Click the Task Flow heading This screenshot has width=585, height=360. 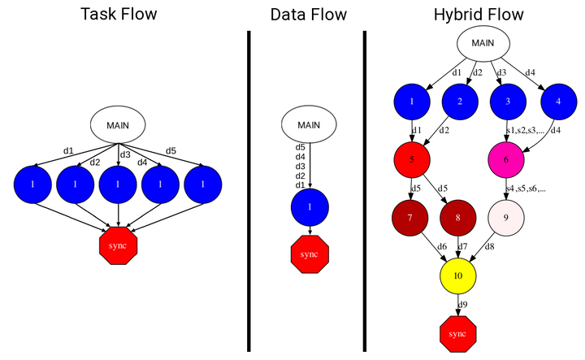[x=119, y=15]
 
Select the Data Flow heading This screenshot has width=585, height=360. [x=309, y=15]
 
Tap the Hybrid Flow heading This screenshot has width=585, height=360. [x=479, y=15]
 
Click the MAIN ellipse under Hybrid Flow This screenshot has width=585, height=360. [x=483, y=43]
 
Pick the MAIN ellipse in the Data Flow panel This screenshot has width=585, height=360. [x=309, y=124]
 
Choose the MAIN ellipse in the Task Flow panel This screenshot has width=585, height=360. [x=118, y=124]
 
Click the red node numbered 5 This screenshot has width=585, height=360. [x=412, y=159]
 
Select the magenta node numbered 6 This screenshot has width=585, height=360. [x=506, y=159]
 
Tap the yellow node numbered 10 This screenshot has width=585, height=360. [x=458, y=276]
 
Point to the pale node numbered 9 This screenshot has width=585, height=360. [x=506, y=218]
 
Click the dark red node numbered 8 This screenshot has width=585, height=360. [x=458, y=218]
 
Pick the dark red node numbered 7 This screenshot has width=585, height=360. [x=410, y=218]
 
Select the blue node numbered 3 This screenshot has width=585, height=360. [x=508, y=102]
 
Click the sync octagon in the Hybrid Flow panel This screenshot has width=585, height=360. [x=458, y=334]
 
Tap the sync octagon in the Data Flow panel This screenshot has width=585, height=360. [x=310, y=254]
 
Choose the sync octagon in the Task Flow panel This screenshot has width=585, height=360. [x=119, y=246]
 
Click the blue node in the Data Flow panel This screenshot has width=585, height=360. [x=310, y=207]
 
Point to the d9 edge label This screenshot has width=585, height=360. [x=462, y=305]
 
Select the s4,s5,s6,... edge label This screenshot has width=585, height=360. [x=526, y=189]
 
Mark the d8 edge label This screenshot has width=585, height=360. [x=489, y=246]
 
